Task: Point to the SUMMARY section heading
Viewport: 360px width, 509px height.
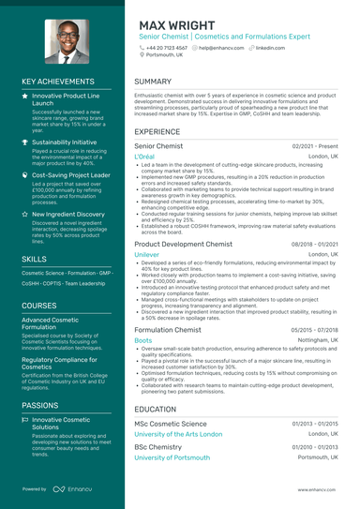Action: coord(153,82)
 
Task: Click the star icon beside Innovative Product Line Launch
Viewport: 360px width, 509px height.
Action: coord(25,96)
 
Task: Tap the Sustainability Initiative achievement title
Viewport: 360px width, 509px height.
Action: coord(64,142)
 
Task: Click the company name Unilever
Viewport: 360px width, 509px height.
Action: coord(147,254)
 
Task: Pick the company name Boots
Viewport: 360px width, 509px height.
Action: coord(142,341)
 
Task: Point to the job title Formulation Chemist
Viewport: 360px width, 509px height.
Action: coord(167,330)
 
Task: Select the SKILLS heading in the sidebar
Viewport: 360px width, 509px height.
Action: coord(34,258)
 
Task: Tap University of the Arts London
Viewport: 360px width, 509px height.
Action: coord(178,434)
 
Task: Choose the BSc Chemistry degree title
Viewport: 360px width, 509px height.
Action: coord(157,446)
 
